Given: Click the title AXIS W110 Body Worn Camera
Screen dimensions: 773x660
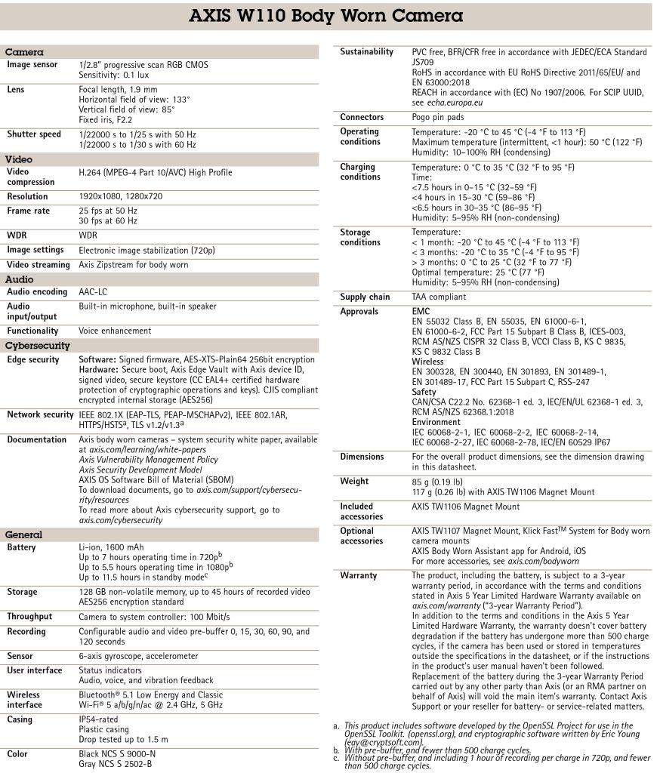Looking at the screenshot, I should pos(326,16).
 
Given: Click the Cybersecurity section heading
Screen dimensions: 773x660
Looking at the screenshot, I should pos(38,346).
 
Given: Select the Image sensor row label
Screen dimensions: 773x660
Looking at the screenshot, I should pos(32,65).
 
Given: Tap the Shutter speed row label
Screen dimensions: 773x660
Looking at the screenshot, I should pos(34,134).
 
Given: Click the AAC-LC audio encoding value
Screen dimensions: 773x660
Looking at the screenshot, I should pos(94,291).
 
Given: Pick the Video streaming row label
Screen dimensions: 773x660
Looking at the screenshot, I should pos(39,265).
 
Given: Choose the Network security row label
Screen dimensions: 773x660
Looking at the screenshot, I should pos(40,414).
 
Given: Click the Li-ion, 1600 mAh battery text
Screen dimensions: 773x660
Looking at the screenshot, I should pos(111,547).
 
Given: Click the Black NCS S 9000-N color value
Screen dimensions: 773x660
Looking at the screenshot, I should pos(117,753).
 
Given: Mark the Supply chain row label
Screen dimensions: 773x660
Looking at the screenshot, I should pos(365,297).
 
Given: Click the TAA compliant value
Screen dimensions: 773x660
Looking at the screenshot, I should pos(439,297).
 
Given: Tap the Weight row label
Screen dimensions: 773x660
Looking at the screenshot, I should pos(354,482).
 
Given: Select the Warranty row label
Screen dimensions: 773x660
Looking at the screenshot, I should pos(359,576).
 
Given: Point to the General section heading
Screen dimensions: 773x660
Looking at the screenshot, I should pos(23,534).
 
